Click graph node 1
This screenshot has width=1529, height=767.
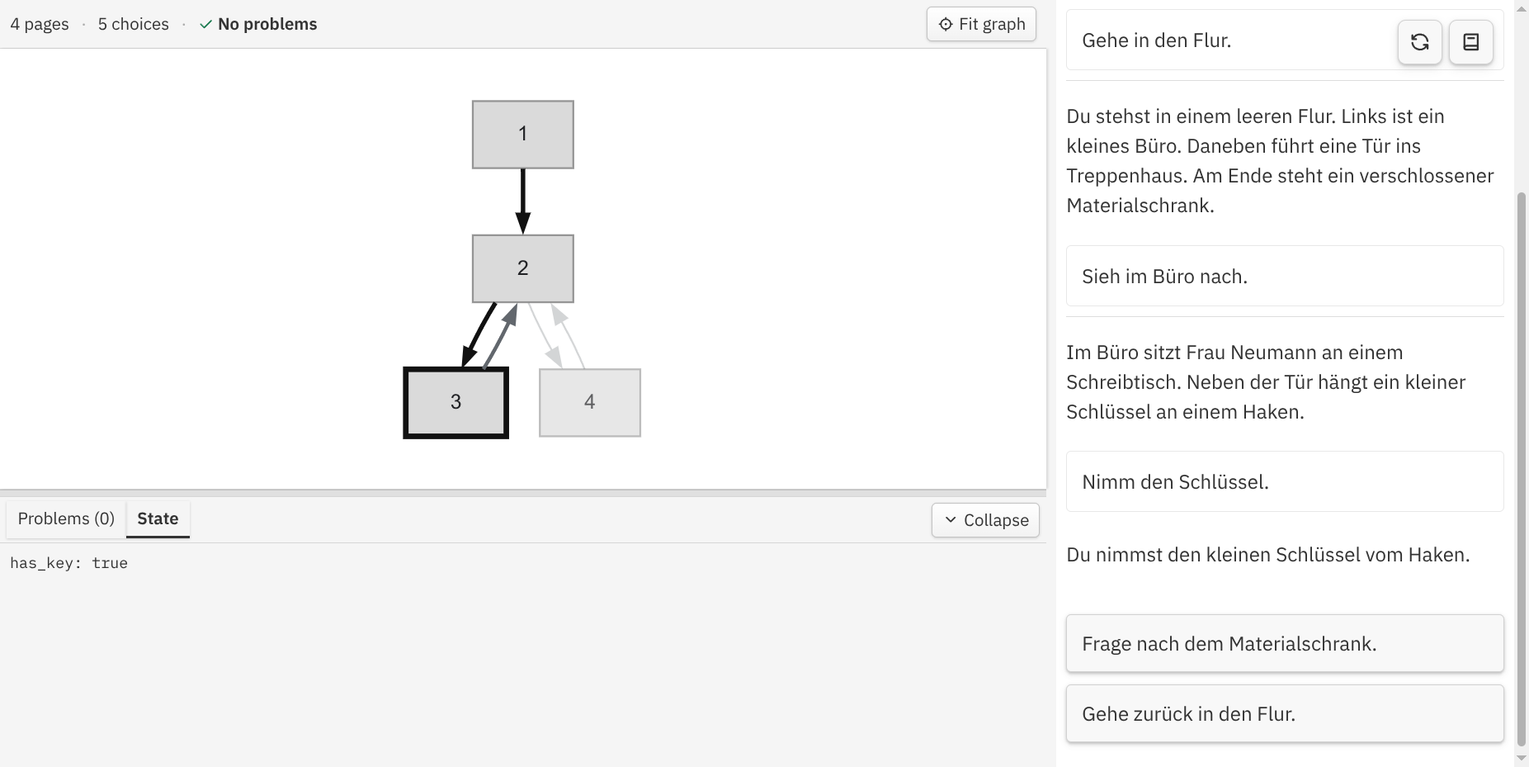click(522, 135)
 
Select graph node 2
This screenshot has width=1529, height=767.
click(522, 268)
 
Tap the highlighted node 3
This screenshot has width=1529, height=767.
click(455, 402)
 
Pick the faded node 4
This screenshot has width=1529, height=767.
click(589, 402)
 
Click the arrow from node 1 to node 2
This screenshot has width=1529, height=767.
click(522, 201)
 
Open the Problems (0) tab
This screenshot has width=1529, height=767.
click(66, 518)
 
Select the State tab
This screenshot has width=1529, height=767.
click(158, 518)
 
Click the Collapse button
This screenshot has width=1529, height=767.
click(985, 520)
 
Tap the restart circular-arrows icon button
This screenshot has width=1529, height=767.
click(1419, 42)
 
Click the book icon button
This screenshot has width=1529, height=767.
click(1470, 42)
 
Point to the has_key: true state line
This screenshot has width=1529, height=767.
click(68, 563)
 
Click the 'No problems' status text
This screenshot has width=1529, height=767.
click(267, 24)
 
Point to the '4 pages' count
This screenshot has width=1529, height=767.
click(40, 24)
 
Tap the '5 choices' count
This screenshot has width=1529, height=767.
click(133, 24)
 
